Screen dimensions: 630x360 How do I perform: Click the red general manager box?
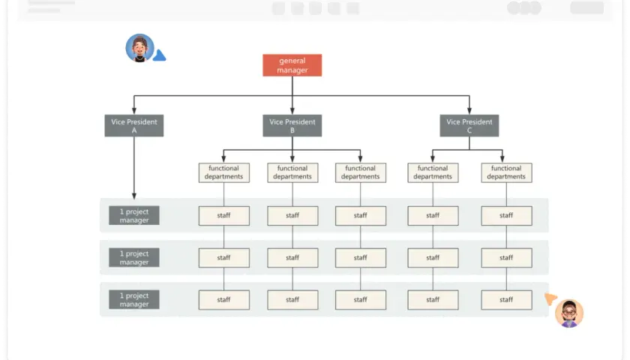pyautogui.click(x=292, y=65)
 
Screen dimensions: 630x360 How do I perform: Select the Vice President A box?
pyautogui.click(x=134, y=126)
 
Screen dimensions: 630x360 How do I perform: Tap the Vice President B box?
pyautogui.click(x=292, y=126)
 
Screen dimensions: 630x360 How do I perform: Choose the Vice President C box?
pyautogui.click(x=469, y=126)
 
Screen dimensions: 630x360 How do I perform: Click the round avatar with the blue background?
pyautogui.click(x=139, y=48)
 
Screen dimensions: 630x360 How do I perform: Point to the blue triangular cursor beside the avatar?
pyautogui.click(x=160, y=55)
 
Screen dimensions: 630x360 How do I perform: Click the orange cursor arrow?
pyautogui.click(x=550, y=298)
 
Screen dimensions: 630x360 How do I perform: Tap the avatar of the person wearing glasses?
pyautogui.click(x=569, y=313)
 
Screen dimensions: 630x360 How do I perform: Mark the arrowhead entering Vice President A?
pyautogui.click(x=134, y=111)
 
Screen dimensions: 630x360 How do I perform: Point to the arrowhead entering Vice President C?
pyautogui.click(x=469, y=111)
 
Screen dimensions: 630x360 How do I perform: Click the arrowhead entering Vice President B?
pyautogui.click(x=292, y=111)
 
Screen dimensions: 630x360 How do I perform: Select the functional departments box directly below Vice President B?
pyautogui.click(x=292, y=172)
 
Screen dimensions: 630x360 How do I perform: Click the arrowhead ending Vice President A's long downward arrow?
pyautogui.click(x=134, y=196)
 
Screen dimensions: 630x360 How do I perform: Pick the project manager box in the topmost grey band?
pyautogui.click(x=134, y=215)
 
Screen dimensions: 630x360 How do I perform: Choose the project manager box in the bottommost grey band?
pyautogui.click(x=134, y=300)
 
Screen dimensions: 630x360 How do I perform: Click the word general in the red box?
pyautogui.click(x=292, y=61)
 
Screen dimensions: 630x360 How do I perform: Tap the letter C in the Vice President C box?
pyautogui.click(x=469, y=130)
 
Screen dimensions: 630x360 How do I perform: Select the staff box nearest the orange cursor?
pyautogui.click(x=506, y=300)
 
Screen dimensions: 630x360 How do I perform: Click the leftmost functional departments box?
pyautogui.click(x=223, y=172)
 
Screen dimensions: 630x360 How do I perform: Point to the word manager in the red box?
pyautogui.click(x=292, y=70)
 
